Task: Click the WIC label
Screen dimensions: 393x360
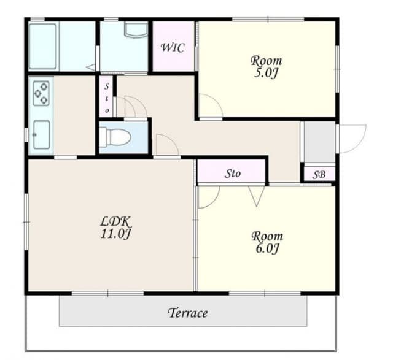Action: [173, 48]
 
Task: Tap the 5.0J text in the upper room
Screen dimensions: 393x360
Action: [266, 74]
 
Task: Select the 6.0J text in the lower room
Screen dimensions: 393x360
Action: [268, 248]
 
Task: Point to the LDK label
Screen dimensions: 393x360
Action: [115, 221]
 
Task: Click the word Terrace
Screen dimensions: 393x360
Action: [188, 313]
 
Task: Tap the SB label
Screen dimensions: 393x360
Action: [319, 175]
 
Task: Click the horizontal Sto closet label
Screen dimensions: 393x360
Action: [233, 174]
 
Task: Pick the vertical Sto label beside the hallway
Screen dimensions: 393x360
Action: [107, 98]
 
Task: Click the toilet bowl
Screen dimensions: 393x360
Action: [115, 137]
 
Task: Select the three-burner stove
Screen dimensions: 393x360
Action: [41, 93]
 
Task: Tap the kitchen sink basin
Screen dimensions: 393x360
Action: [42, 135]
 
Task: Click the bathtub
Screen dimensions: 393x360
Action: [43, 47]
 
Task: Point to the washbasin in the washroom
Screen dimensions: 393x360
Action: [136, 30]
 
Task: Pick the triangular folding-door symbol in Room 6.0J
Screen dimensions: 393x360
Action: [257, 196]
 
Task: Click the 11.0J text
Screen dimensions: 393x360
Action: [115, 234]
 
